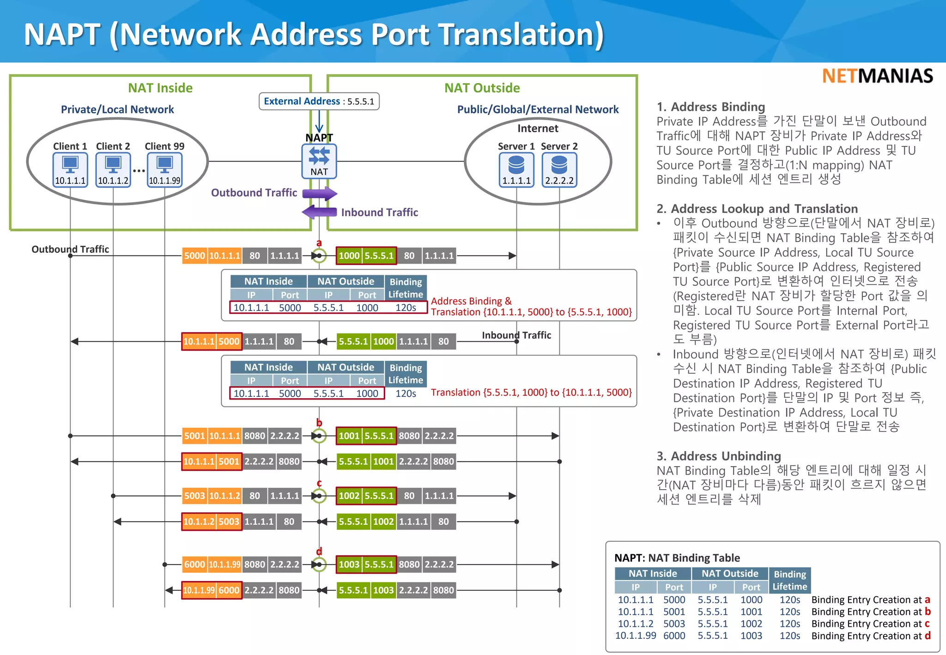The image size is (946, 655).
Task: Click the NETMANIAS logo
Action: (877, 76)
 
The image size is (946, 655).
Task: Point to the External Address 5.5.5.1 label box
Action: (319, 101)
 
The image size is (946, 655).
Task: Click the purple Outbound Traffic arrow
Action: (320, 193)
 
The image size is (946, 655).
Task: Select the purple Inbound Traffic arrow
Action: (319, 212)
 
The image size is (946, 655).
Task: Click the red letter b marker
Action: (319, 423)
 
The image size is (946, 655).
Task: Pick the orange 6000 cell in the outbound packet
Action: (194, 564)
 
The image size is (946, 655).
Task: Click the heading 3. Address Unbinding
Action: (719, 456)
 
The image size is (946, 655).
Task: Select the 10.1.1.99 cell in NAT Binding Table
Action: (636, 636)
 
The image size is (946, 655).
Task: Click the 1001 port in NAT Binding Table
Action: (751, 612)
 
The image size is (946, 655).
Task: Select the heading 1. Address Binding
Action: (711, 107)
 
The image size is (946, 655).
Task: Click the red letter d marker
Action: (319, 552)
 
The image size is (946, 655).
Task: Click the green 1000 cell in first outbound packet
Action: (349, 255)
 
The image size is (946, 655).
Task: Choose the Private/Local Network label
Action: (117, 109)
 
